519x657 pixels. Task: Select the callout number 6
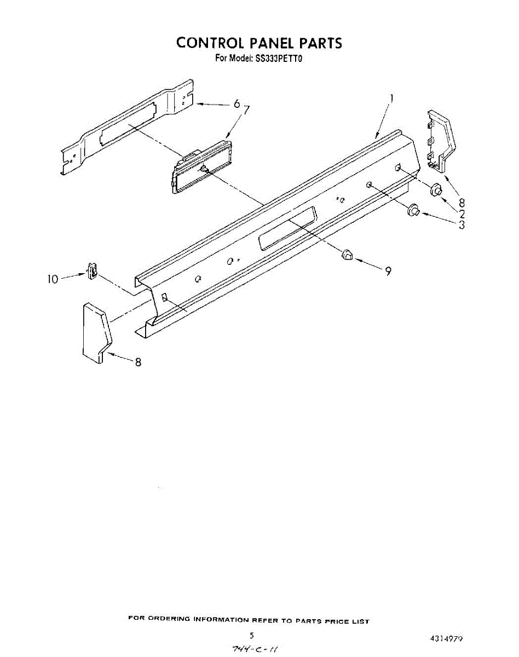click(x=237, y=103)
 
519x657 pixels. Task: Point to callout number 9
click(x=388, y=271)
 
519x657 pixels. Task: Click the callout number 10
click(x=52, y=279)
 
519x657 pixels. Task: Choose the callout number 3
click(x=462, y=224)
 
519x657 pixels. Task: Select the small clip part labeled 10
click(x=93, y=270)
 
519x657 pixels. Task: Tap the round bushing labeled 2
click(x=437, y=191)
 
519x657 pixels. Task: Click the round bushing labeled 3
click(x=413, y=209)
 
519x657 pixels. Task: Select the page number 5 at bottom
click(x=252, y=636)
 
